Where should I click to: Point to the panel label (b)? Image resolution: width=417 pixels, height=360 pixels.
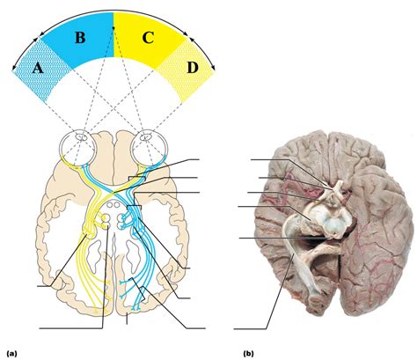249,352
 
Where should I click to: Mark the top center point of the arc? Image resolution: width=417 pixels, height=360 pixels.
113,13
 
